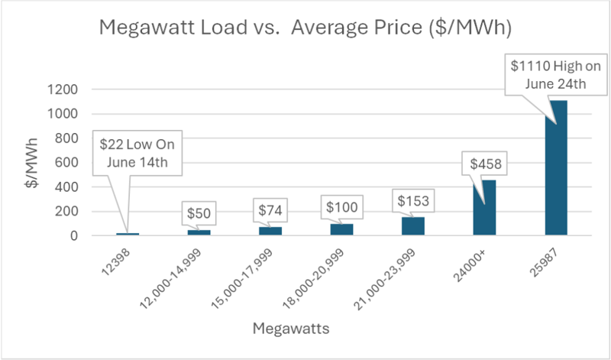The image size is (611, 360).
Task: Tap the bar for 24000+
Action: point(484,208)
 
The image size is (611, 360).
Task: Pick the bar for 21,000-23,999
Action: point(413,226)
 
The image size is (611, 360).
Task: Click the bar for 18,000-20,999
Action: point(341,229)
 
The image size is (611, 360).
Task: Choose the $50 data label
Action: point(198,212)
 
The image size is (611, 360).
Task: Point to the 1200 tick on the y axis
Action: point(62,89)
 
